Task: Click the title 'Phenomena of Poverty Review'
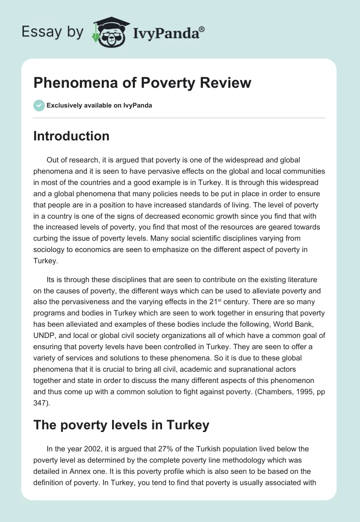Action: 142,83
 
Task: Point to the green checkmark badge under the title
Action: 39,105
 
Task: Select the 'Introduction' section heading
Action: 71,136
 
